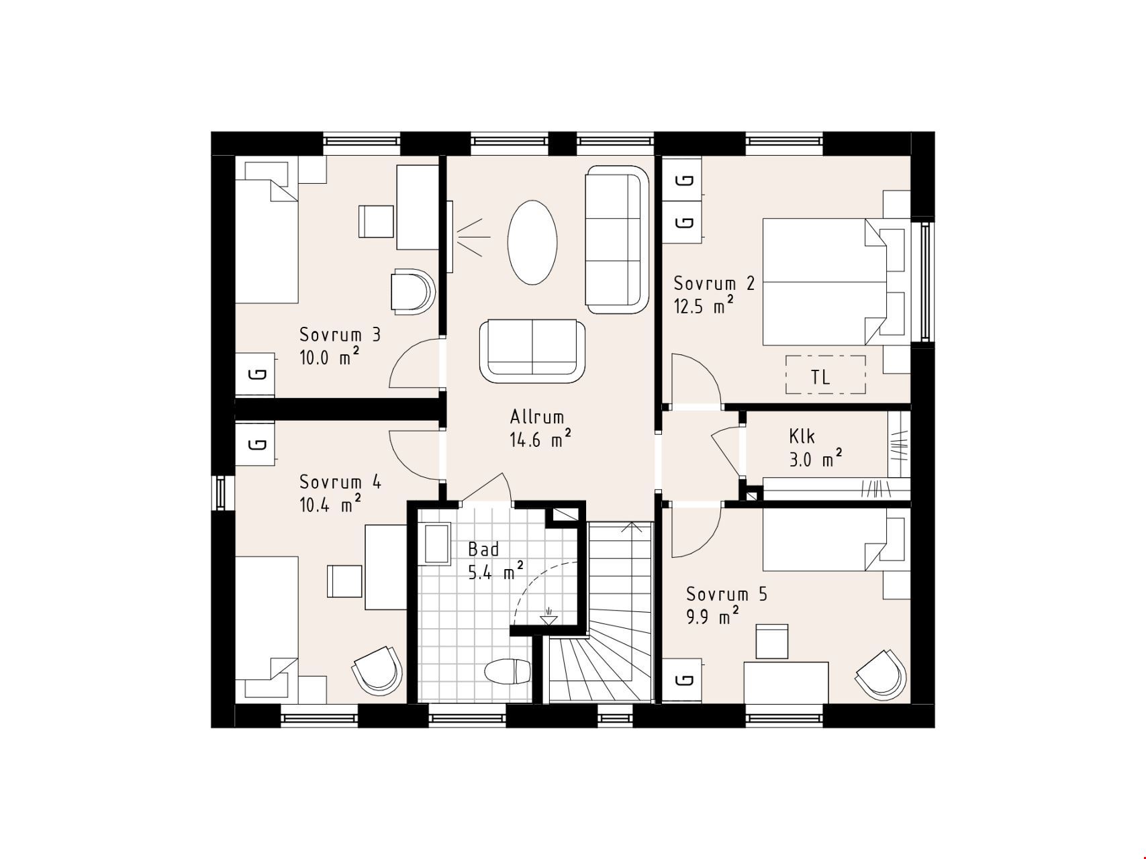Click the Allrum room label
536,417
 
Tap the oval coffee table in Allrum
532,242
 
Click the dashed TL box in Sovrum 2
825,374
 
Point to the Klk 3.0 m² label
816,448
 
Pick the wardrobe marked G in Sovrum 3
255,374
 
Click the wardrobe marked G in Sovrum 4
255,444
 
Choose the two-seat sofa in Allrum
532,351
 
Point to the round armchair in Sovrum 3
413,291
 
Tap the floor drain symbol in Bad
548,617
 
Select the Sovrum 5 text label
726,594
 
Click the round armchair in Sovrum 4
377,670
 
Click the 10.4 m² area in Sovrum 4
330,504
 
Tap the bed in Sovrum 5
837,539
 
